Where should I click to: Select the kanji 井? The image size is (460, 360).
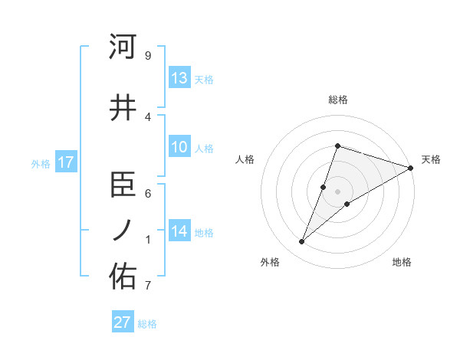coord(123,106)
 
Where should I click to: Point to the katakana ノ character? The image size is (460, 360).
coord(123,231)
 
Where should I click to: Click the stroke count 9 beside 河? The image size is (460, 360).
coord(147,56)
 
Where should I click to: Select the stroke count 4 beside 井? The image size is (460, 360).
coord(147,116)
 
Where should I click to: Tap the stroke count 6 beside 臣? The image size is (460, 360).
coord(147,195)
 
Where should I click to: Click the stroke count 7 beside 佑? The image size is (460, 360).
coord(147,286)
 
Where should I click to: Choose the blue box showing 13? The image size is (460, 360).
coord(179,77)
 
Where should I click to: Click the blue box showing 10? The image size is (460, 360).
coord(179,147)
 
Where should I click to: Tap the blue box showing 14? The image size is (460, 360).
coord(179,231)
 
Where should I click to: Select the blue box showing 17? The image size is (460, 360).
coord(65,162)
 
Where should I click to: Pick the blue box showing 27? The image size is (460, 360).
coord(123,322)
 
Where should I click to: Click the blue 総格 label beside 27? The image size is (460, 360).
coord(147,324)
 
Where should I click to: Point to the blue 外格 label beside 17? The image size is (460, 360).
coord(41,163)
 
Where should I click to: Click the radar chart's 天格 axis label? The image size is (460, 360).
coord(431,159)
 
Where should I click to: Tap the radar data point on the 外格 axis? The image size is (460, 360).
coord(302,242)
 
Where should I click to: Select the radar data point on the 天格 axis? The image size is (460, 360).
coord(411,168)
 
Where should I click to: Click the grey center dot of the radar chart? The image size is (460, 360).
coord(337,191)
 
